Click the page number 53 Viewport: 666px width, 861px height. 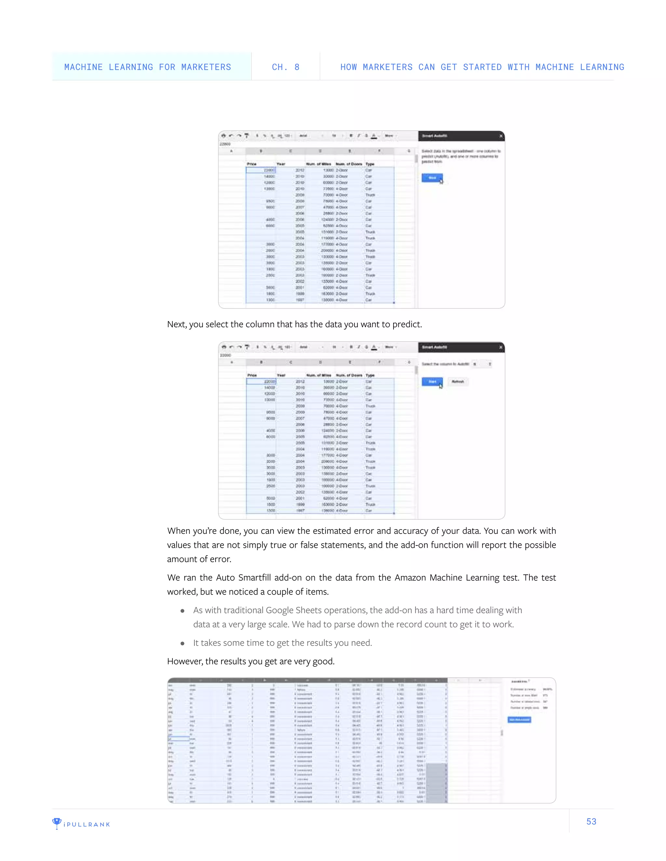point(591,821)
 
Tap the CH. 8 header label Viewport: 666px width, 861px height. point(285,67)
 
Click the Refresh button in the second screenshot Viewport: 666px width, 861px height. point(458,382)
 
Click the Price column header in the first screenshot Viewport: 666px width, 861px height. point(252,164)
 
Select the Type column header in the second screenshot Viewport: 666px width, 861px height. point(370,375)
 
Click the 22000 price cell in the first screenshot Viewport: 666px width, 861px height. point(261,170)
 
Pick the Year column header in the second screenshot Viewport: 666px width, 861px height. point(281,375)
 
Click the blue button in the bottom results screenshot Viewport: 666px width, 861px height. point(519,720)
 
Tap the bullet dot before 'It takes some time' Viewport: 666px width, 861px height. point(182,643)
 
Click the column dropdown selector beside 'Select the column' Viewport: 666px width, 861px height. point(482,364)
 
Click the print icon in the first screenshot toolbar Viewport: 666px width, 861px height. point(224,135)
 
